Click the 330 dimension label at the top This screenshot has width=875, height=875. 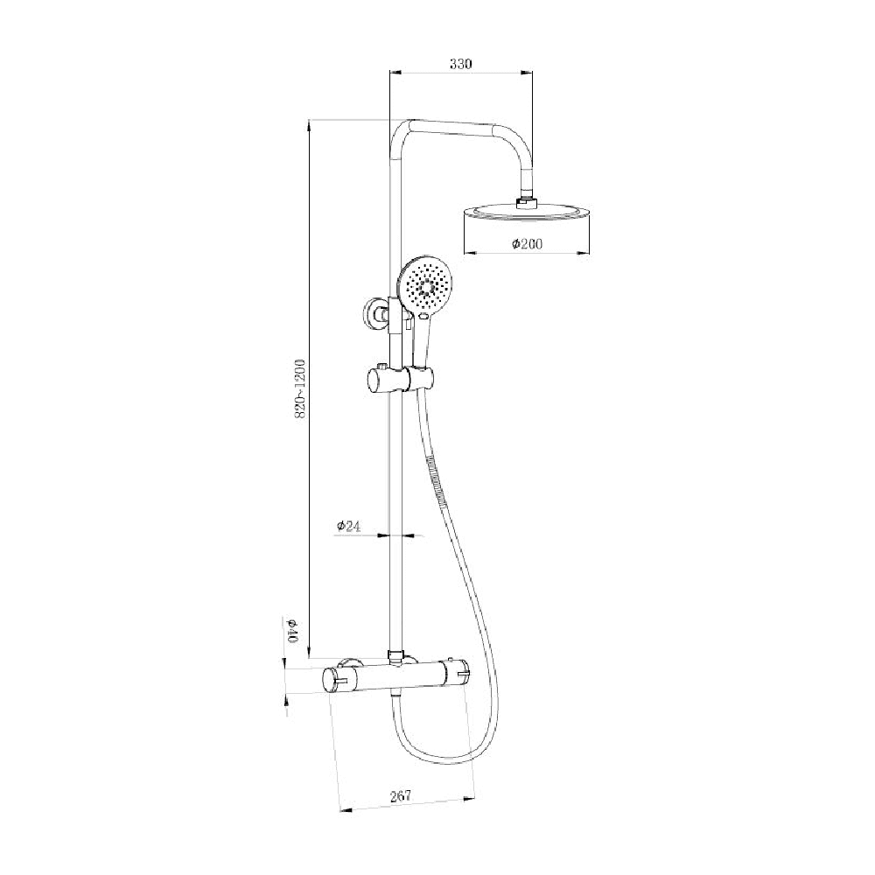(460, 63)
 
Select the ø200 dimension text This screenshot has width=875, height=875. (527, 244)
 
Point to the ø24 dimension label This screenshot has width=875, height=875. (348, 526)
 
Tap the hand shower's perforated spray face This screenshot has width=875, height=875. (427, 285)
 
